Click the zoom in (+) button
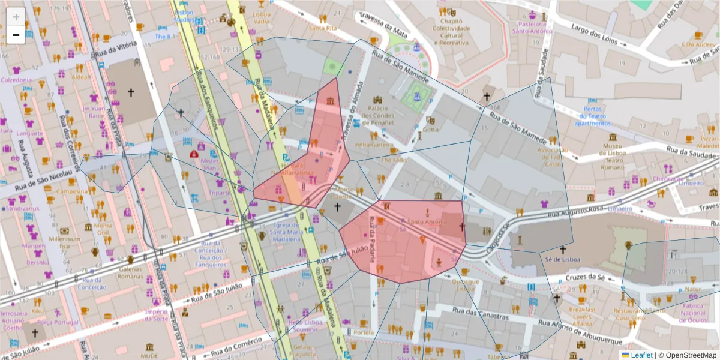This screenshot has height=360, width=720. [16, 17]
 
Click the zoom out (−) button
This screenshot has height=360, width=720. [16, 35]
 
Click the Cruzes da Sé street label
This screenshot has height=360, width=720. [584, 277]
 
